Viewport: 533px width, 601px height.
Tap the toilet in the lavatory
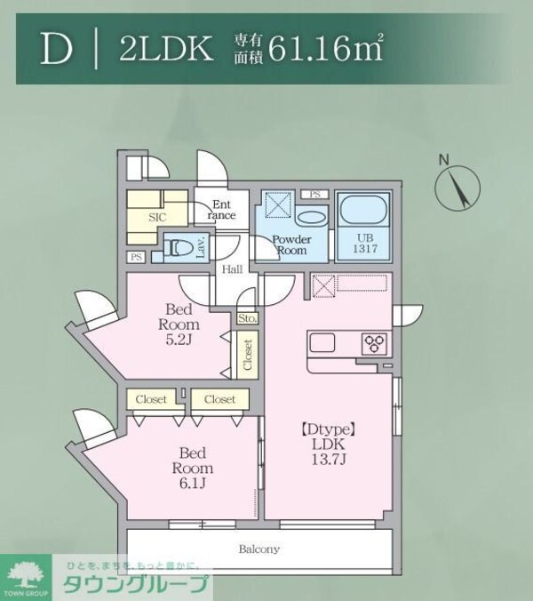pyautogui.click(x=179, y=247)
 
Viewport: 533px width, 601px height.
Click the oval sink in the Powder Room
pyautogui.click(x=311, y=218)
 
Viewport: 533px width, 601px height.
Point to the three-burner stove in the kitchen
pyautogui.click(x=374, y=343)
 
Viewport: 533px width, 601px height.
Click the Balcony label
pyautogui.click(x=259, y=549)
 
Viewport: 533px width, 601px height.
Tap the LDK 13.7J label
pyautogui.click(x=322, y=449)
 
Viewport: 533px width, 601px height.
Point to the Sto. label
pyautogui.click(x=247, y=318)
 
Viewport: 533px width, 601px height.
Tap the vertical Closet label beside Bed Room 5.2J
pyautogui.click(x=248, y=355)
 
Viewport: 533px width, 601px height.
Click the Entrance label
pyautogui.click(x=221, y=210)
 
